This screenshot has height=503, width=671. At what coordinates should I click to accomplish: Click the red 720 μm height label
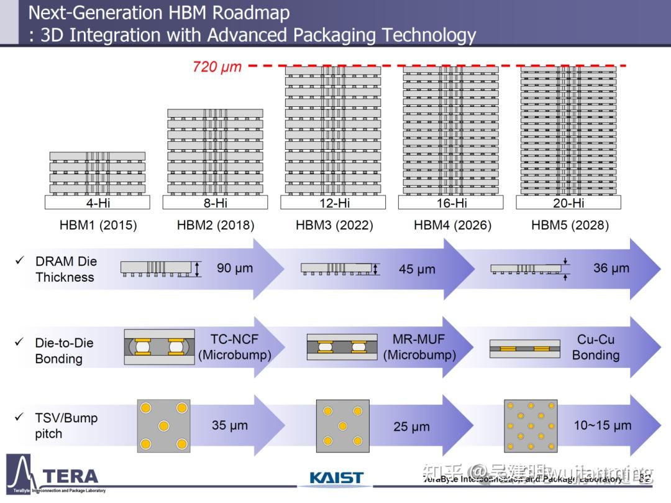217,67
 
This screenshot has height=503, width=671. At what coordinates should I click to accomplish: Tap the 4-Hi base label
98,203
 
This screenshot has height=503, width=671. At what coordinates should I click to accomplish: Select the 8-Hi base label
215,203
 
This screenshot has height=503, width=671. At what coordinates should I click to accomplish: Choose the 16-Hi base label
451,203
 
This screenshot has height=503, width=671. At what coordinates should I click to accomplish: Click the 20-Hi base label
568,203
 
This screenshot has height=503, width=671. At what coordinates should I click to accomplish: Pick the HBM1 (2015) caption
98,225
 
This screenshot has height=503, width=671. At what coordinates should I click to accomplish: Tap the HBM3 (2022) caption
334,225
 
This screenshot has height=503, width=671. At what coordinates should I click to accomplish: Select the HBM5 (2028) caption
570,225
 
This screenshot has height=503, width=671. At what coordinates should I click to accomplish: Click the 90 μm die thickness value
235,269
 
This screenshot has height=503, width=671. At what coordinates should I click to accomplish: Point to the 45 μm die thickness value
417,270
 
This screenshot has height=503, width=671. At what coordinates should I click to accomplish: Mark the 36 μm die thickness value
611,269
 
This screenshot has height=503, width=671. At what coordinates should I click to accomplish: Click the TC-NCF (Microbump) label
234,347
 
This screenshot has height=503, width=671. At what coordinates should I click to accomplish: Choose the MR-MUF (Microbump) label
419,347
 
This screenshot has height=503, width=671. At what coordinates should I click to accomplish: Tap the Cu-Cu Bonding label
596,347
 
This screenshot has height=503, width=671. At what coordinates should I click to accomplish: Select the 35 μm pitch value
230,426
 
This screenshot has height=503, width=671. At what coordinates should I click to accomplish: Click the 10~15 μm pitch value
602,426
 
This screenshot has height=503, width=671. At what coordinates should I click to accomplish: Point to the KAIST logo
336,478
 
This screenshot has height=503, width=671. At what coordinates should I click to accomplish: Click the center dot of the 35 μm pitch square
163,426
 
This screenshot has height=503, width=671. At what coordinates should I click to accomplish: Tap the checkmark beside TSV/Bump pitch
19,417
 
